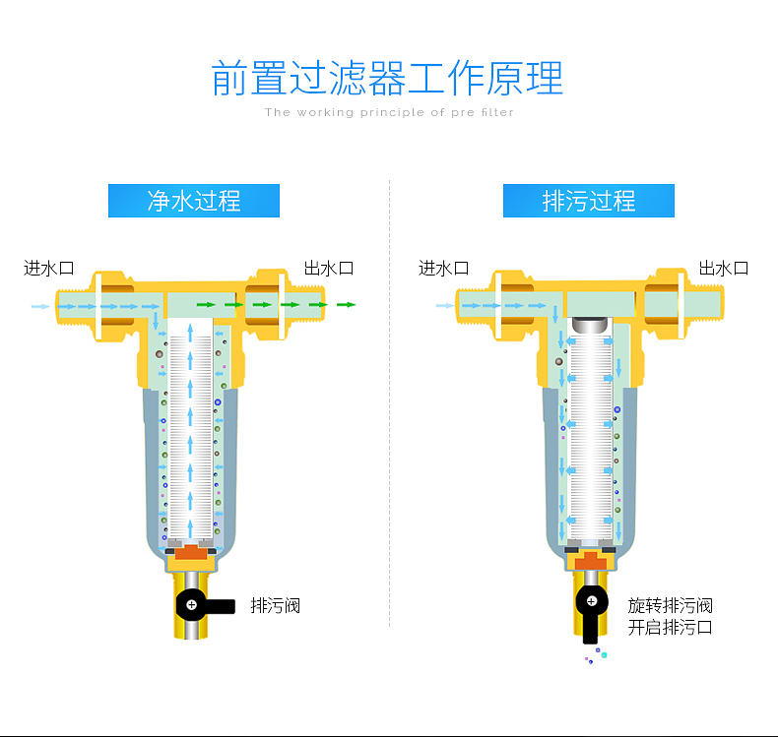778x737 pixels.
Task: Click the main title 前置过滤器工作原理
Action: (x=387, y=78)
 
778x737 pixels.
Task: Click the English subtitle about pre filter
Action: (x=389, y=112)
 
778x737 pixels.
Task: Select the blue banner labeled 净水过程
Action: (x=194, y=201)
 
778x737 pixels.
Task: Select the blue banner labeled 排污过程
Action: (x=589, y=201)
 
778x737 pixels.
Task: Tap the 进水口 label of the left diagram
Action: (x=49, y=269)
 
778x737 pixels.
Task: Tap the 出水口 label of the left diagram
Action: (x=329, y=269)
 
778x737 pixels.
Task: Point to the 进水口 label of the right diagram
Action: (x=443, y=269)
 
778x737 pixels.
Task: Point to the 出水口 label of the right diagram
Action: (x=724, y=269)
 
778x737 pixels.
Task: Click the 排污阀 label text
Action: (x=276, y=606)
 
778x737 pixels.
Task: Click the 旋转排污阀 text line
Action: (x=670, y=606)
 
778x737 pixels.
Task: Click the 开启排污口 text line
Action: (x=670, y=628)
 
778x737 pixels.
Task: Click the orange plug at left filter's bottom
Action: (x=191, y=552)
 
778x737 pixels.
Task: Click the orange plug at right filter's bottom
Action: (x=591, y=561)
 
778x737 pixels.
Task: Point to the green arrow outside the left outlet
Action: (x=347, y=305)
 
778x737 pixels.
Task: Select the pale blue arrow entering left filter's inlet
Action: (x=40, y=306)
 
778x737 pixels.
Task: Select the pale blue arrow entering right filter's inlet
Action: (x=445, y=306)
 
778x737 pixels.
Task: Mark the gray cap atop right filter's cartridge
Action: (x=590, y=325)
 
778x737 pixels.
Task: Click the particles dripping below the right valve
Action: (x=596, y=655)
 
